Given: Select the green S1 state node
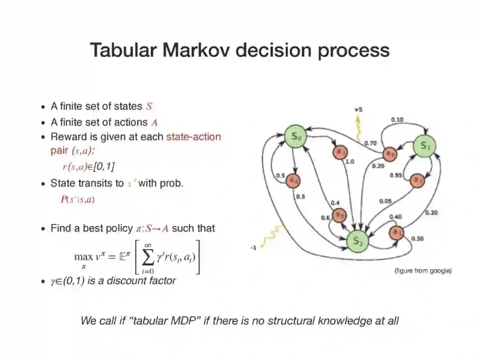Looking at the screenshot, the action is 424,145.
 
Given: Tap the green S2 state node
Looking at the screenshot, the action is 358,241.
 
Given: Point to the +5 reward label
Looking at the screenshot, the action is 358,110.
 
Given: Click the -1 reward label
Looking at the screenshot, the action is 253,248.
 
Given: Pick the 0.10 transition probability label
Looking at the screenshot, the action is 397,120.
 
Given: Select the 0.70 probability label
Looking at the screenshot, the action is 370,143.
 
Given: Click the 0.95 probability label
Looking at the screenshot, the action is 396,176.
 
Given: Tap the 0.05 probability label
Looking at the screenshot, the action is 385,201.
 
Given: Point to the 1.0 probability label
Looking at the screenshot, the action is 350,162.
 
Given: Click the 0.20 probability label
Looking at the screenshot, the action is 378,166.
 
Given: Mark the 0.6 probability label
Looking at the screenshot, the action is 325,217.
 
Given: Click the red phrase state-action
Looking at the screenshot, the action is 193,137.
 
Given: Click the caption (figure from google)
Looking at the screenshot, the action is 423,270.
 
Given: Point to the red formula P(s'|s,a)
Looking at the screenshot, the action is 77,200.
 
